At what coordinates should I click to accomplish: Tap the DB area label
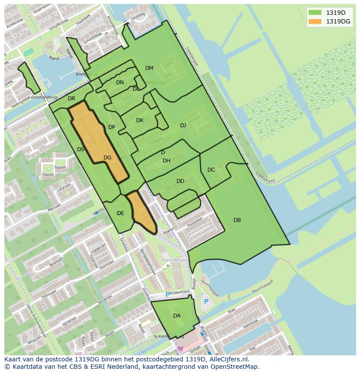tap(237, 220)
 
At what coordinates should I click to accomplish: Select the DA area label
tap(177, 316)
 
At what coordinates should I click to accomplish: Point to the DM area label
tap(149, 68)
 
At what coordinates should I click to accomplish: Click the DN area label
tap(120, 83)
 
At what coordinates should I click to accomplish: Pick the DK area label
tap(140, 120)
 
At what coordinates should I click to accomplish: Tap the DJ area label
tap(183, 126)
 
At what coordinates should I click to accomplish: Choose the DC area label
tap(211, 170)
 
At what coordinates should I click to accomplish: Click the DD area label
tap(180, 181)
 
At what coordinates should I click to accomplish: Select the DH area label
tap(167, 161)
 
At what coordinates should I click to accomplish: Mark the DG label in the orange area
tap(107, 158)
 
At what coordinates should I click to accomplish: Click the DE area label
tap(120, 213)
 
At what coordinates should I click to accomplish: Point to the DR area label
tap(72, 99)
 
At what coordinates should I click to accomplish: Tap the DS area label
tap(80, 149)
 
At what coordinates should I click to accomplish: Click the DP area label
tap(112, 127)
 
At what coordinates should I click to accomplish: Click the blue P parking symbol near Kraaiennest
tap(167, 295)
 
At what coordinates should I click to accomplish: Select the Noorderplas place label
tap(175, 259)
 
